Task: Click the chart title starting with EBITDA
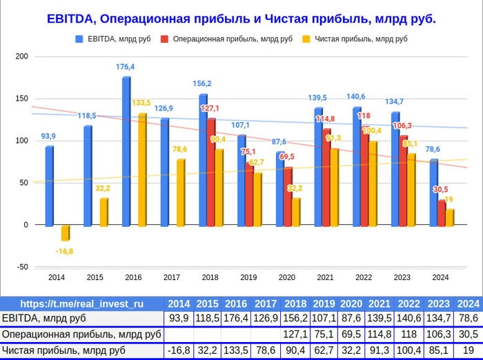coord(241,19)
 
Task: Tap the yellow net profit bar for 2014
coord(66,232)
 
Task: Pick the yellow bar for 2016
coord(142,170)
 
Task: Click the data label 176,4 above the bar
coord(125,67)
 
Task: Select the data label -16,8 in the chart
coord(64,251)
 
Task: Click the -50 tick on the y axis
coord(22,267)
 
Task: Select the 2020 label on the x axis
coord(286,277)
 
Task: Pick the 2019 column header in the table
coord(324,303)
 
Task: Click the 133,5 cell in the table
coord(236,350)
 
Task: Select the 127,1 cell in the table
coord(295,334)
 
